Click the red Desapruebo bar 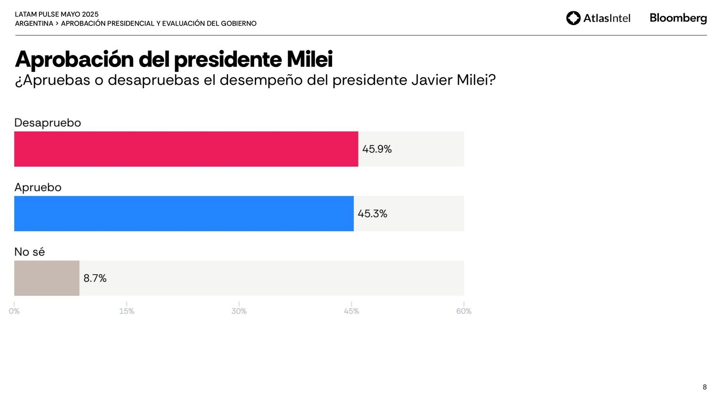tap(186, 149)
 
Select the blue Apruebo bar tap(183, 213)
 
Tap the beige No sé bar tap(47, 278)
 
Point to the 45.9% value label tap(377, 149)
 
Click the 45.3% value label tap(372, 213)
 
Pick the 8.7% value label tap(95, 278)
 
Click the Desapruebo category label tap(47, 123)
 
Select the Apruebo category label tap(38, 187)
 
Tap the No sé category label tap(29, 252)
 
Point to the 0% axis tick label tap(14, 311)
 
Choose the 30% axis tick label tap(239, 311)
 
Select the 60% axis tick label tap(464, 311)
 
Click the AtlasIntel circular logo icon tap(573, 18)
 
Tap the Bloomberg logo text tap(678, 18)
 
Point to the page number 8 tap(704, 387)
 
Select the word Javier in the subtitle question tap(432, 80)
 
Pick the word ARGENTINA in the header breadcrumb tap(34, 24)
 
